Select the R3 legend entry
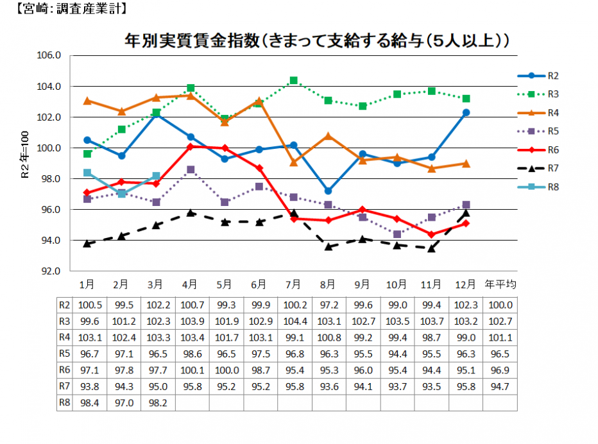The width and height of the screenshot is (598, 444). (538, 94)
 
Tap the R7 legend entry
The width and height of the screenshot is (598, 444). (538, 168)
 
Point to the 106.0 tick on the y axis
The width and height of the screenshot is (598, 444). (49, 55)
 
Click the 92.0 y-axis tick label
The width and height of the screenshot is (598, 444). (49, 271)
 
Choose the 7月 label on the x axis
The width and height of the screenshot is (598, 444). (293, 284)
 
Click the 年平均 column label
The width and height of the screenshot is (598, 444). (500, 284)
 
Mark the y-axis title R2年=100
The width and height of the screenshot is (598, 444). (25, 155)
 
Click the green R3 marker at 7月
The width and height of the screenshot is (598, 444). (294, 80)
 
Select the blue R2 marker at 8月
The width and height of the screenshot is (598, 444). (328, 191)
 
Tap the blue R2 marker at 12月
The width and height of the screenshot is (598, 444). (466, 112)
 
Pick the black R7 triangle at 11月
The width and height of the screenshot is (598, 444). (431, 248)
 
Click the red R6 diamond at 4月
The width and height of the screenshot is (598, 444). (191, 146)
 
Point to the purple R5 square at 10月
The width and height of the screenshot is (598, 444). (397, 234)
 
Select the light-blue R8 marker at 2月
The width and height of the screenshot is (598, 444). (122, 194)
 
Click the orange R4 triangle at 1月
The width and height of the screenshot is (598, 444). (87, 101)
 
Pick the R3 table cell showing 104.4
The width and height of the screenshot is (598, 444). (295, 321)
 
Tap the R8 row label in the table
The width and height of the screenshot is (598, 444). (64, 403)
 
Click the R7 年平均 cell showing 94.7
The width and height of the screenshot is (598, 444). (500, 387)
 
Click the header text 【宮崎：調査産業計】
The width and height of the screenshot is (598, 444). (71, 8)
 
